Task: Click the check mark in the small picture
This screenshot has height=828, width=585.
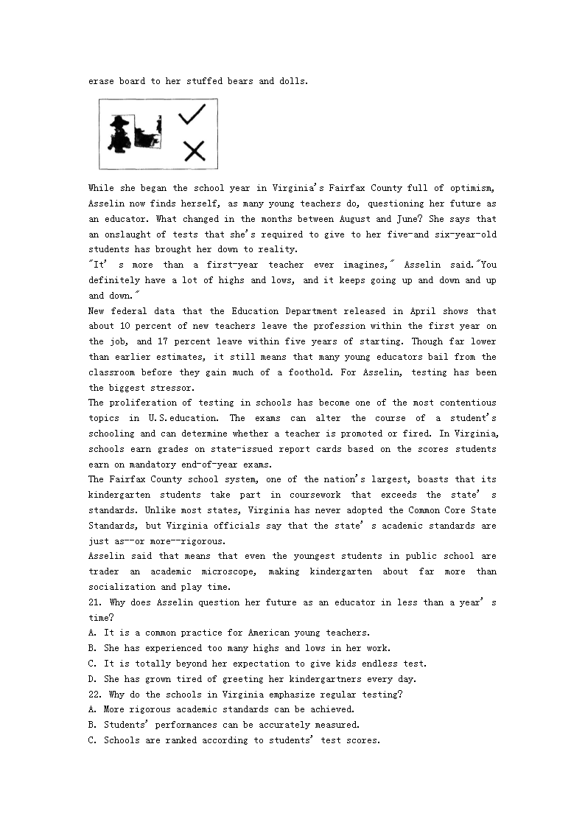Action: pyautogui.click(x=192, y=114)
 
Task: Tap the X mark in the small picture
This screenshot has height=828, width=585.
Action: pyautogui.click(x=194, y=151)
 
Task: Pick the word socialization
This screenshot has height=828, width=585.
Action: pyautogui.click(x=122, y=587)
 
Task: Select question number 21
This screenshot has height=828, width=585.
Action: pyautogui.click(x=94, y=602)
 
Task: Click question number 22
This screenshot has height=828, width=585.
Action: pyautogui.click(x=94, y=695)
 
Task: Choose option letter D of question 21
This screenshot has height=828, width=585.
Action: pyautogui.click(x=92, y=679)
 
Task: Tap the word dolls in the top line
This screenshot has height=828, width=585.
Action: pyautogui.click(x=292, y=81)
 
